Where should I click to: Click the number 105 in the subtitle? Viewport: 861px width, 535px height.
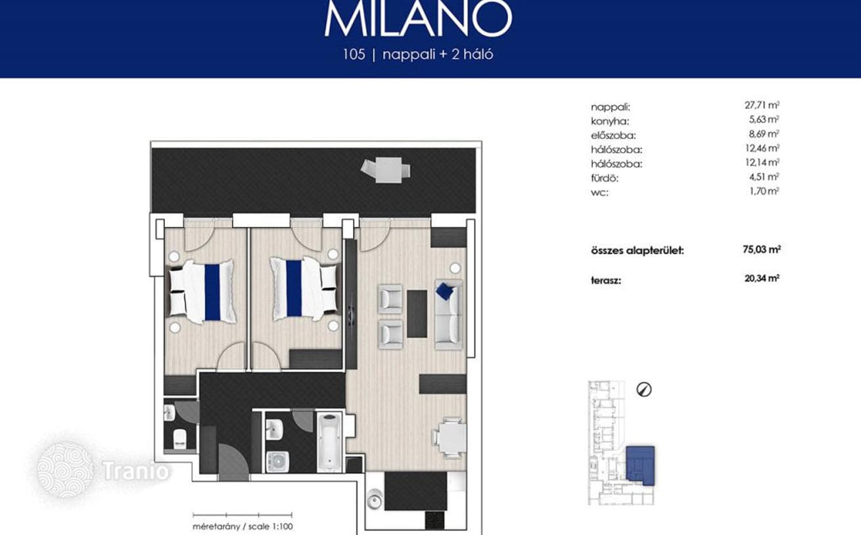(354, 54)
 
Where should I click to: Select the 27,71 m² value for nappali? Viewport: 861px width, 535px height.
(762, 105)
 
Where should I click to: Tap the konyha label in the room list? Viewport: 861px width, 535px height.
(610, 122)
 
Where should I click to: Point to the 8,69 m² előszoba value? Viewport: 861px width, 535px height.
(764, 134)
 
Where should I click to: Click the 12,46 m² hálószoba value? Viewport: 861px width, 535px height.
(762, 148)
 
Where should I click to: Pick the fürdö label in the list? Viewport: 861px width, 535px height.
(605, 178)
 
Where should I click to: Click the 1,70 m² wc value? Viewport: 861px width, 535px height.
(764, 191)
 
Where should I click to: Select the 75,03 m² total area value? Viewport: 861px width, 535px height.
(762, 250)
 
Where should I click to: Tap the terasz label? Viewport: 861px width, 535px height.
(606, 280)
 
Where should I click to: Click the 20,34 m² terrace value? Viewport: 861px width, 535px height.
(762, 278)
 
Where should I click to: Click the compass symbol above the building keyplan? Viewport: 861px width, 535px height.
(644, 390)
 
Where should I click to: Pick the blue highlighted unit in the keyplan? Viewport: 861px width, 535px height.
(640, 465)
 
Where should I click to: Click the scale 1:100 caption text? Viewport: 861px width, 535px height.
(243, 526)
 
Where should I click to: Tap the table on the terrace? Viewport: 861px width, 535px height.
(388, 170)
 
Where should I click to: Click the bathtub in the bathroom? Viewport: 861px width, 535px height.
(329, 442)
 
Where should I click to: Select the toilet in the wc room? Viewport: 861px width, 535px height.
(179, 439)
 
